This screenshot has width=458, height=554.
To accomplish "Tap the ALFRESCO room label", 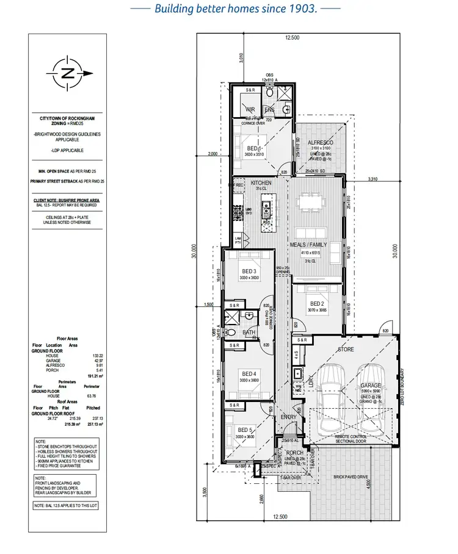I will [321, 142].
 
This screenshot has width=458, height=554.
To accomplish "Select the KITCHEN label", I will [261, 183].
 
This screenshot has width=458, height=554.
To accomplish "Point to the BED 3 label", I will [248, 271].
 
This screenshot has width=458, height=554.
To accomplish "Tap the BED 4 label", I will [248, 374].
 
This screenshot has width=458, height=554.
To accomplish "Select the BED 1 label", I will [254, 148].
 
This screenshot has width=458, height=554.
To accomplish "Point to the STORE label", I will [346, 350].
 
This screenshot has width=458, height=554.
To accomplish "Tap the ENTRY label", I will [288, 417].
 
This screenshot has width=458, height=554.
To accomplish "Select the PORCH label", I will [293, 453].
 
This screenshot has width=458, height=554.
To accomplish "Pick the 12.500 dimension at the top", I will [292, 38].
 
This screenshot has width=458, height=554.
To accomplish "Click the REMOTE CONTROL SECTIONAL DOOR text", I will [351, 439].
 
